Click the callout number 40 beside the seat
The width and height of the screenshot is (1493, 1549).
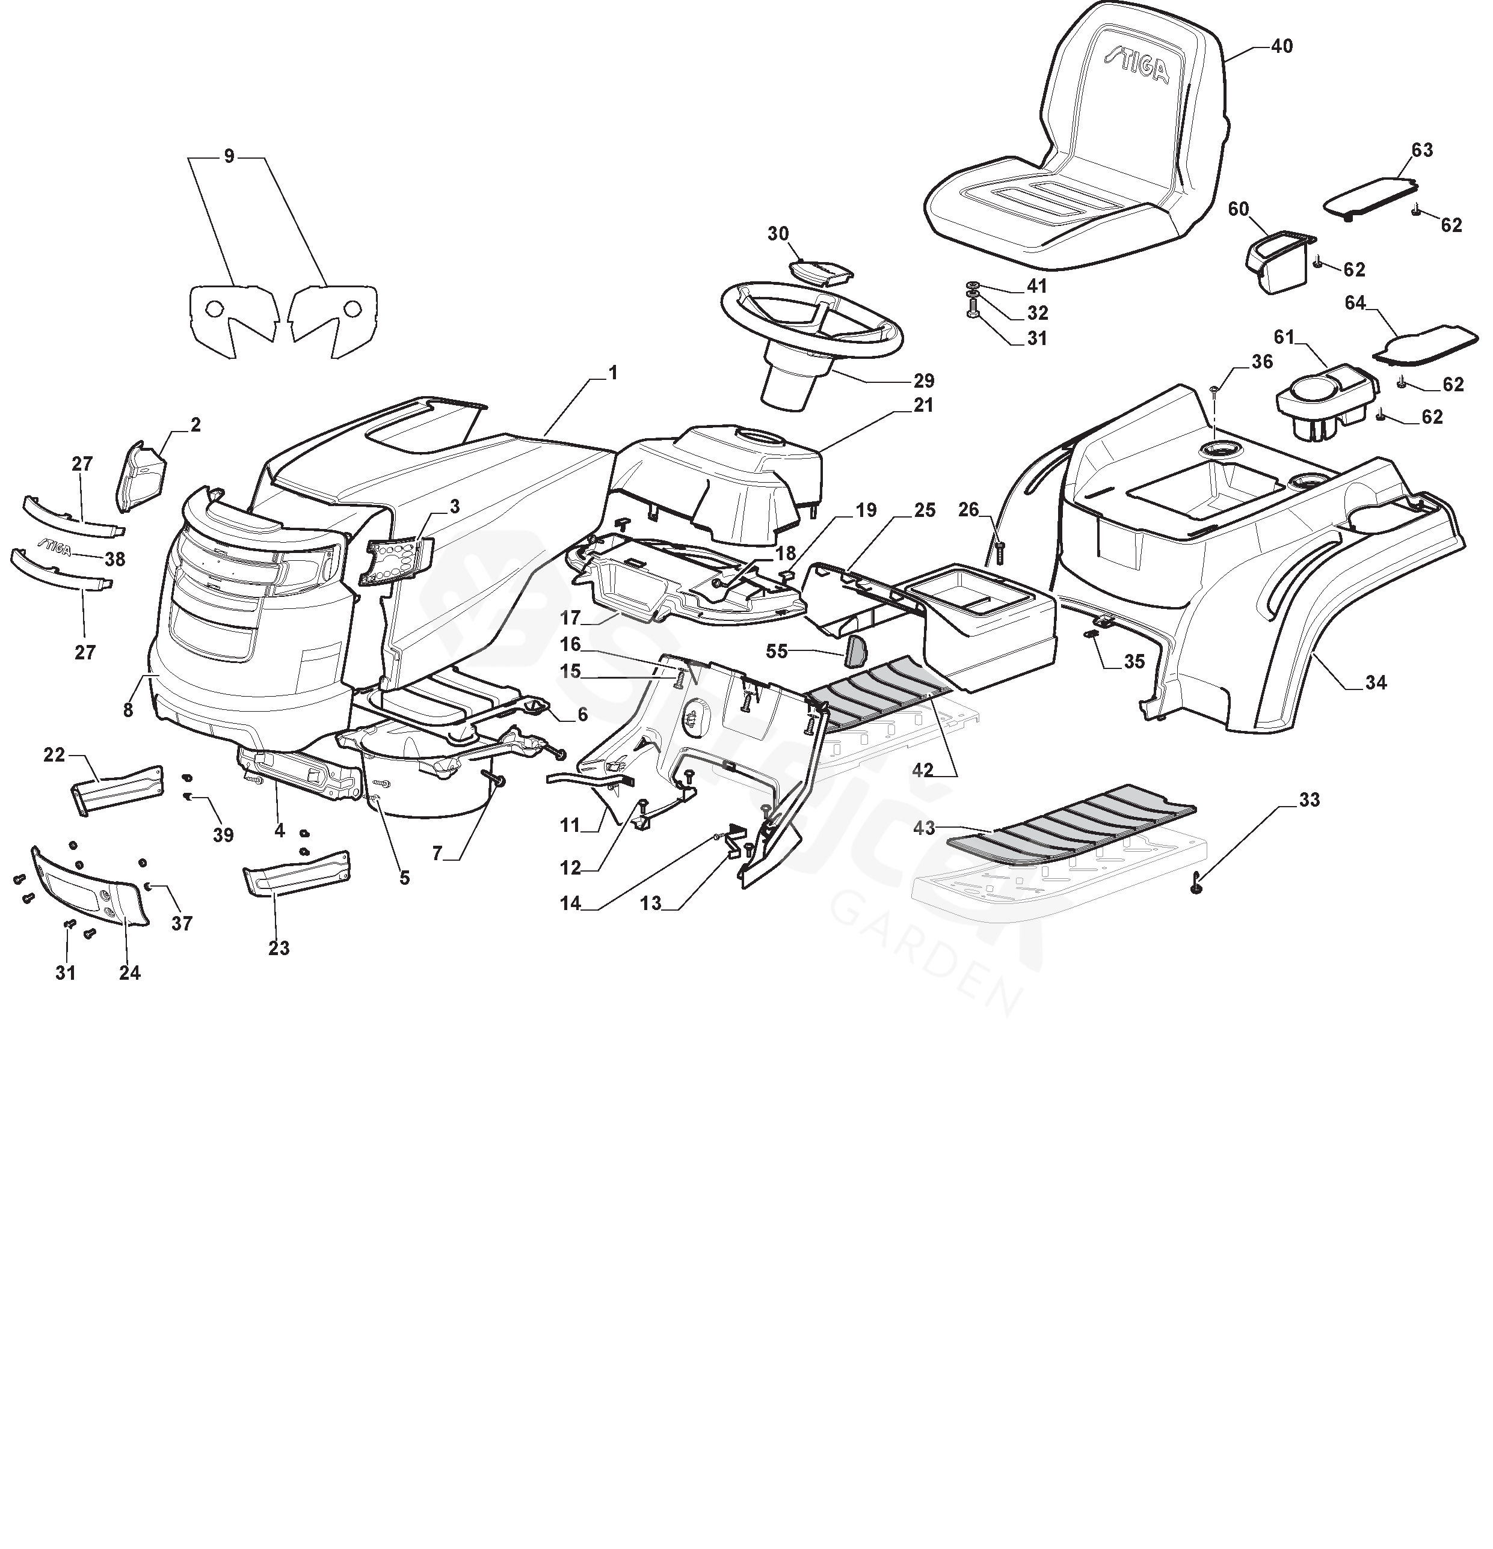[x=1281, y=47]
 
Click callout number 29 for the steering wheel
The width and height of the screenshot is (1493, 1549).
[x=923, y=381]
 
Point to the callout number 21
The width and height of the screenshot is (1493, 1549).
[x=923, y=405]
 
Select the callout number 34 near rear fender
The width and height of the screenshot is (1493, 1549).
[x=1375, y=682]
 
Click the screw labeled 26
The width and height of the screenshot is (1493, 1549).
[x=999, y=550]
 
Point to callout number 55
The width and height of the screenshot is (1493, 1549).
[x=777, y=650]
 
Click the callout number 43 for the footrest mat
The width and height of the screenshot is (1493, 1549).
[x=923, y=828]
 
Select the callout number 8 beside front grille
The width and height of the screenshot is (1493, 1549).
[x=128, y=710]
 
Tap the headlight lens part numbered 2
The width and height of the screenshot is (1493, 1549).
[x=141, y=477]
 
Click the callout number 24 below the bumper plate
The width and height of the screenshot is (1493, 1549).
[x=130, y=973]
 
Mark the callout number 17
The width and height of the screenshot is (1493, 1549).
[x=570, y=617]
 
